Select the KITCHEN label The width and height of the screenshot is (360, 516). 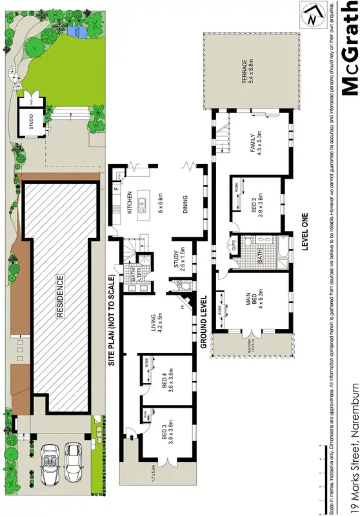click(x=130, y=203)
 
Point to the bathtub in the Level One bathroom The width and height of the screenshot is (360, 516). click(x=283, y=255)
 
